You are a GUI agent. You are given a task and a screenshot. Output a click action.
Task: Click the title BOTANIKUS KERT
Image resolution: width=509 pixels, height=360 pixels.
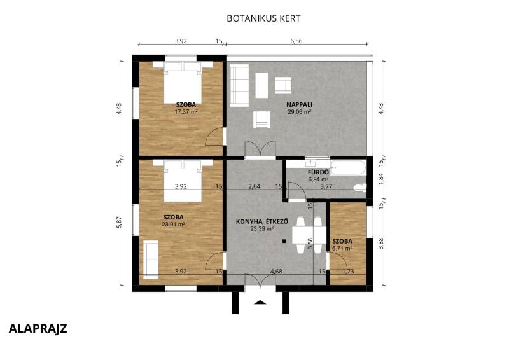pyautogui.click(x=263, y=18)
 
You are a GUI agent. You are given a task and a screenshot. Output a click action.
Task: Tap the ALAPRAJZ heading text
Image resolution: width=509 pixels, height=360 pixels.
pyautogui.click(x=38, y=328)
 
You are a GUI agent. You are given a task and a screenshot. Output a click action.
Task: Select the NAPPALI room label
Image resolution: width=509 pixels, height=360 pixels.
pyautogui.click(x=299, y=104)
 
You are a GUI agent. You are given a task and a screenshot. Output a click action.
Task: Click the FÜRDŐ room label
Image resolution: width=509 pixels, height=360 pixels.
pyautogui.click(x=319, y=172)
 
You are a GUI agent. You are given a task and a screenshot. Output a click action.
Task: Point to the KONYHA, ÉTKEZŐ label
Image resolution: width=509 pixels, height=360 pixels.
pyautogui.click(x=262, y=222)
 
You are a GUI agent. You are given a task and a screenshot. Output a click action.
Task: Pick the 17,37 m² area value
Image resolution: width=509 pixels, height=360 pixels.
pyautogui.click(x=186, y=112)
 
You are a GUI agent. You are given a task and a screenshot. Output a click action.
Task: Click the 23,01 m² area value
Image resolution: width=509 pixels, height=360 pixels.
pyautogui.click(x=173, y=224)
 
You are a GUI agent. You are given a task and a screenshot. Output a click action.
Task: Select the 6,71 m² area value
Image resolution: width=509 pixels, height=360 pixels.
pyautogui.click(x=342, y=248)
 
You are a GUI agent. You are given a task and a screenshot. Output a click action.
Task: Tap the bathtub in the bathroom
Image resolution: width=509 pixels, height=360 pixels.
pyautogui.click(x=348, y=167)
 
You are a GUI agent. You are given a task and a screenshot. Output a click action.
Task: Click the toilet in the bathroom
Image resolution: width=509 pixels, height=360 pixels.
pyautogui.click(x=359, y=188)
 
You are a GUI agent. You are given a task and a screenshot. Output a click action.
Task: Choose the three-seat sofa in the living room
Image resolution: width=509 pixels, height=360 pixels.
pyautogui.click(x=239, y=85)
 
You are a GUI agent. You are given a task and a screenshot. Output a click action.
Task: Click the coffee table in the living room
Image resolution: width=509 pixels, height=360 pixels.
pyautogui.click(x=261, y=85)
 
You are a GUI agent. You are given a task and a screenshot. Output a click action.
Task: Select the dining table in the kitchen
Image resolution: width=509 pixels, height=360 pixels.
pyautogui.click(x=309, y=235)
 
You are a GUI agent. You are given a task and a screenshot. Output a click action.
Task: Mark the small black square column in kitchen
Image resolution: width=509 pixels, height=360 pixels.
pyautogui.click(x=284, y=241)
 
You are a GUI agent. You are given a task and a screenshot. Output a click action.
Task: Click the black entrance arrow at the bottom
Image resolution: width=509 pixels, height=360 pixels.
pyautogui.click(x=260, y=303)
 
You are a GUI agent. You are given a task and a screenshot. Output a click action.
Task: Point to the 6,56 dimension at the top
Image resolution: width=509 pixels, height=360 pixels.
pyautogui.click(x=296, y=41)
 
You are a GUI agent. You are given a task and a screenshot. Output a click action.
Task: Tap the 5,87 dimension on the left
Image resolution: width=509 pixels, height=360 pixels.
pyautogui.click(x=119, y=222)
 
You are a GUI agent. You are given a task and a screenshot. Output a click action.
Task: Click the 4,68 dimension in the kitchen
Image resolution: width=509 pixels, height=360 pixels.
pyautogui.click(x=276, y=272)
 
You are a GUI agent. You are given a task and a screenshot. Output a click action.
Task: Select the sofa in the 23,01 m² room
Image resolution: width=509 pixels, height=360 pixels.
pyautogui.click(x=151, y=260)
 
